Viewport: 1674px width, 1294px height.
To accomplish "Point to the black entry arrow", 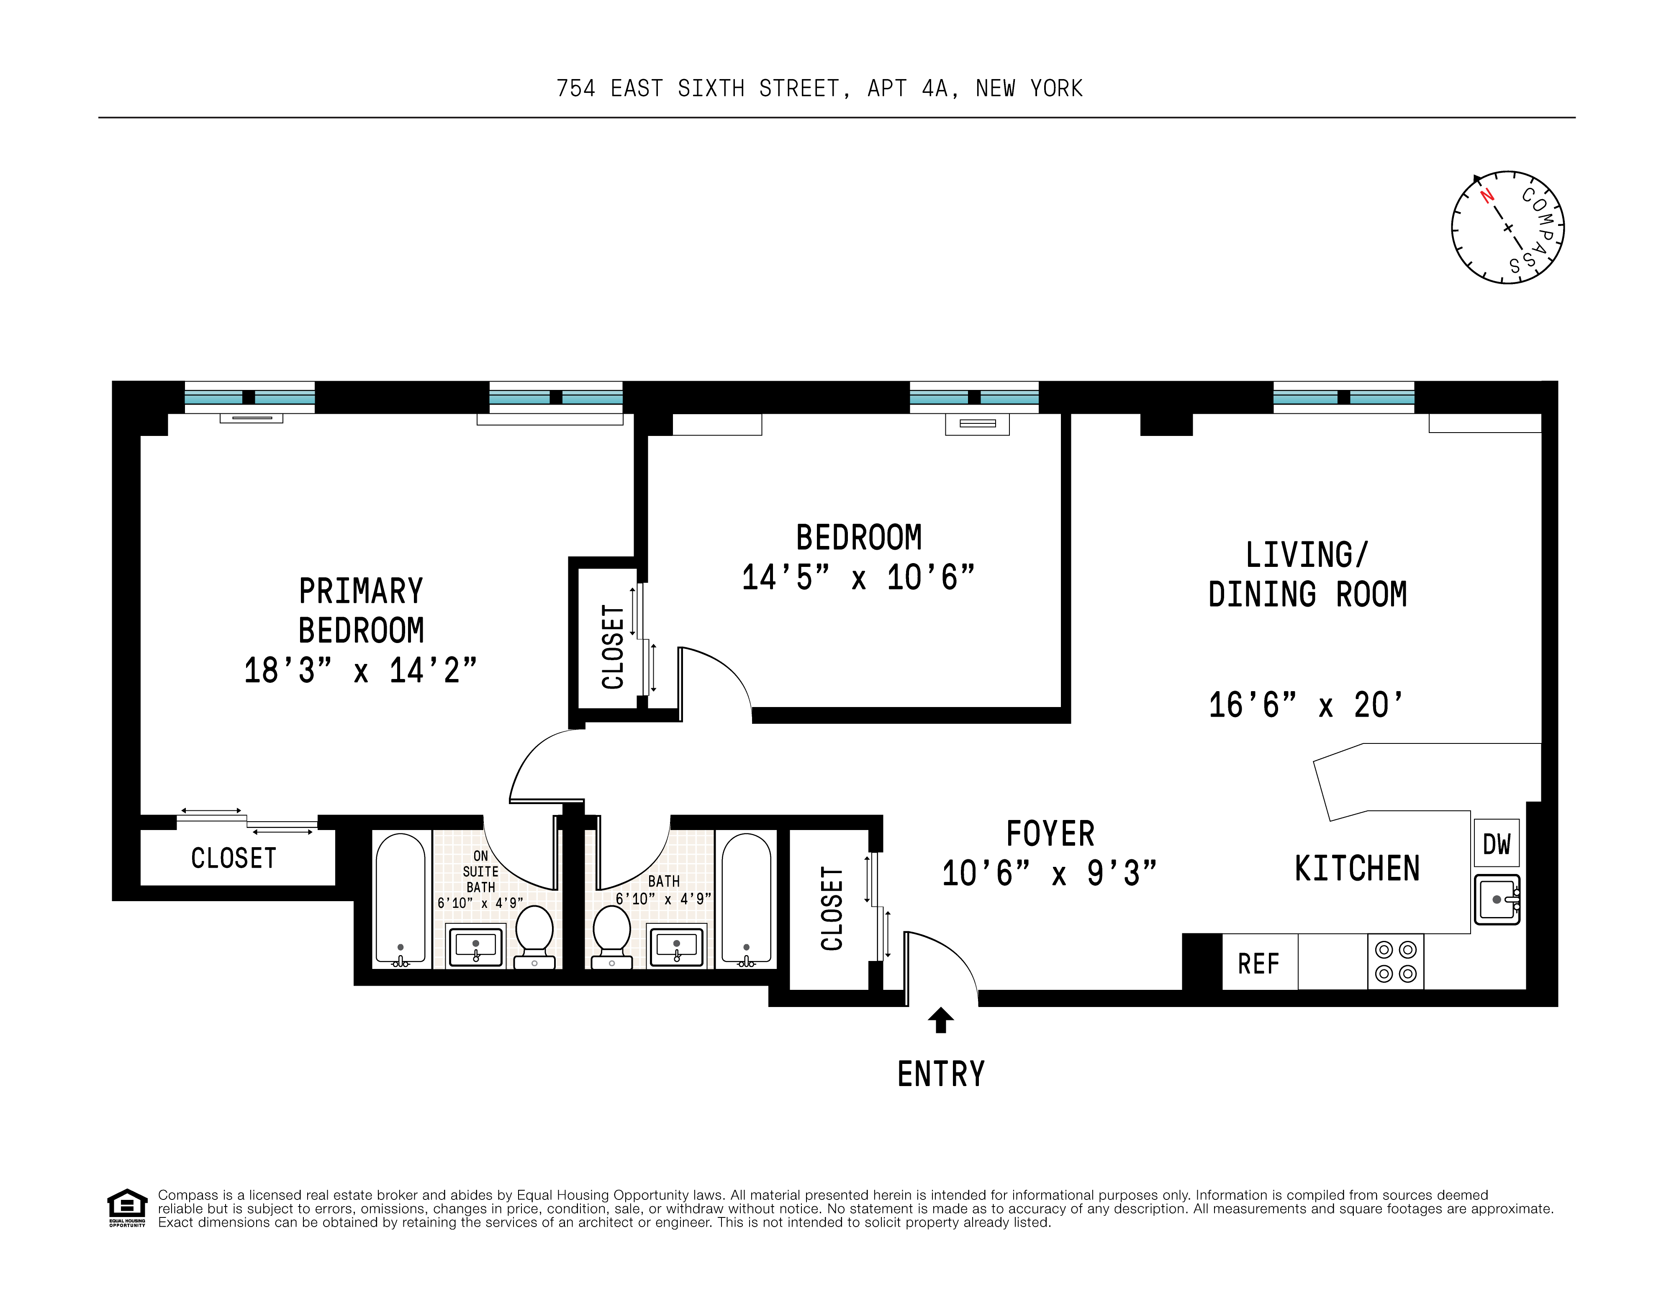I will coord(940,1020).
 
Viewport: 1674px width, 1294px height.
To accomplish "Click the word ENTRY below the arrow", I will coord(940,1074).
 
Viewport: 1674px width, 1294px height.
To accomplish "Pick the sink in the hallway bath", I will coord(676,947).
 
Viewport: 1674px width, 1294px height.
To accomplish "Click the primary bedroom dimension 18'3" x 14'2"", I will coord(360,670).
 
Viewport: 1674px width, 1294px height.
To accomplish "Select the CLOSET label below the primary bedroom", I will coord(234,858).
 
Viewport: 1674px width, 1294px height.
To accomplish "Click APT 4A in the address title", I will coord(912,89).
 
